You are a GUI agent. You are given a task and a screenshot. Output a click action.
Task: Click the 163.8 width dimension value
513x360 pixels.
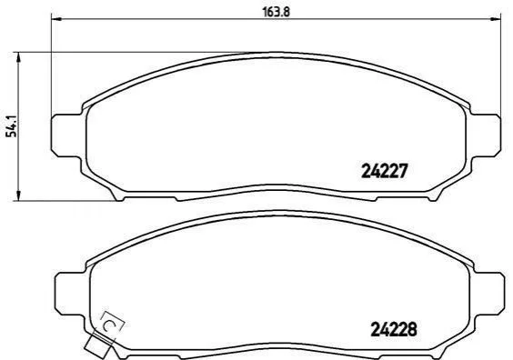click(277, 12)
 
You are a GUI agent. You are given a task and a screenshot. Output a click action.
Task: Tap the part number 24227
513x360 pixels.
click(385, 171)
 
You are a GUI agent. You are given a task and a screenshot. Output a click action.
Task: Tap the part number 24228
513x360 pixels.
click(394, 329)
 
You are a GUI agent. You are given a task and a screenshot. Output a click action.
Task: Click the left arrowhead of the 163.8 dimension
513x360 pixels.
click(56, 19)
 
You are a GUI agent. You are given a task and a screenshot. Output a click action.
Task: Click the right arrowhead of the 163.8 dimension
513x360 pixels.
click(496, 19)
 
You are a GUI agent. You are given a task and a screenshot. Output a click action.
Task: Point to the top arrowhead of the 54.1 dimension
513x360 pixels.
click(19, 57)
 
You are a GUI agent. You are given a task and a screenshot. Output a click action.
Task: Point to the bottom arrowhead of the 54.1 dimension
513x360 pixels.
click(19, 195)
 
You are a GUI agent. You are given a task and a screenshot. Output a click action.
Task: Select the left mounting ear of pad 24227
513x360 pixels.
click(67, 135)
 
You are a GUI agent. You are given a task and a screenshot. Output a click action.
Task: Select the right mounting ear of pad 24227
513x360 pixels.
click(485, 135)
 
